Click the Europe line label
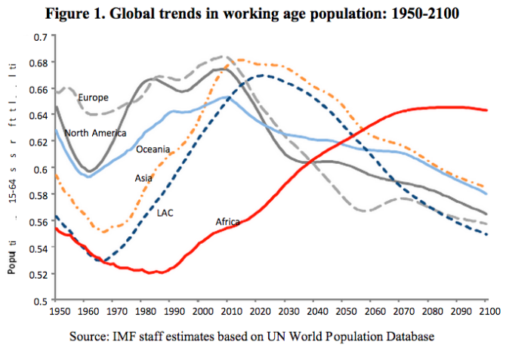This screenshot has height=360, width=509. [94, 97]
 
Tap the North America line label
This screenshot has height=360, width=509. [95, 133]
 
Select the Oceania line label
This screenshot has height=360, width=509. [153, 149]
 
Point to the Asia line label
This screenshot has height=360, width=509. [143, 178]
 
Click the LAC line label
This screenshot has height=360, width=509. [165, 213]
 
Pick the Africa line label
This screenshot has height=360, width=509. [227, 222]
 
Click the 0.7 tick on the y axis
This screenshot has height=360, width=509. [40, 36]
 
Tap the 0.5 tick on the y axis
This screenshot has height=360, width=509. [40, 300]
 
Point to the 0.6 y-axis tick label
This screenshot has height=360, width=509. [40, 168]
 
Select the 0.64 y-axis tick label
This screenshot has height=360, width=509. [39, 115]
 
